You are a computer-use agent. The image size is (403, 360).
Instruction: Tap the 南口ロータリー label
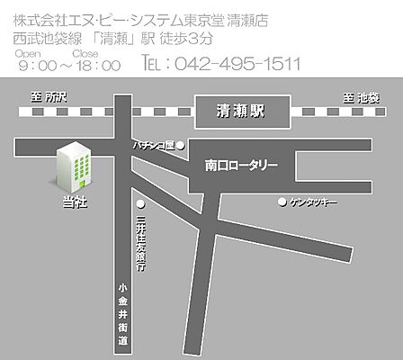tap(241, 166)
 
